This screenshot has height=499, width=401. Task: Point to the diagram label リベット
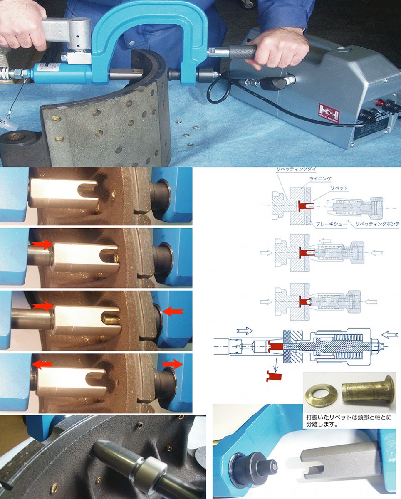point(339,188)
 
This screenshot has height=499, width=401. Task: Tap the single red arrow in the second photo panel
point(42,244)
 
